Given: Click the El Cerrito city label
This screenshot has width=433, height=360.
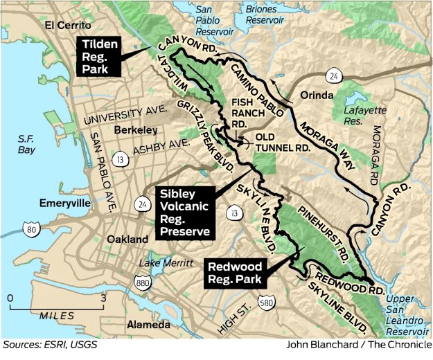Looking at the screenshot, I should click(69, 26).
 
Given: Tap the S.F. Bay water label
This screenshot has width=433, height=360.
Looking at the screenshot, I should click(29, 143).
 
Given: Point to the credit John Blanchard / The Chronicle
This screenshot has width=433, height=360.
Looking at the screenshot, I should click(356, 344).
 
